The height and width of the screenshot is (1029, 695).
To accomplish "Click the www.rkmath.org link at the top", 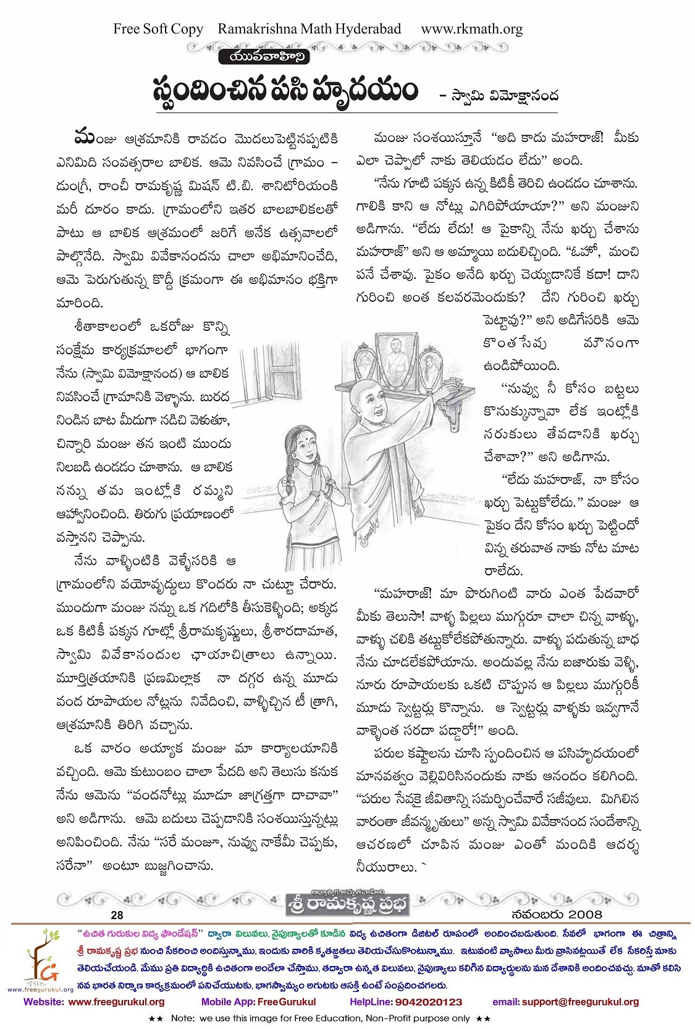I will pyautogui.click(x=471, y=29).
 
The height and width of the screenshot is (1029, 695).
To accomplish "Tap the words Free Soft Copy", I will pyautogui.click(x=158, y=29).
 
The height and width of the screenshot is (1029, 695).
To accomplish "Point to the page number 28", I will pyautogui.click(x=117, y=915).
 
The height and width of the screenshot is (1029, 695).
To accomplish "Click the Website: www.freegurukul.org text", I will pyautogui.click(x=94, y=1002).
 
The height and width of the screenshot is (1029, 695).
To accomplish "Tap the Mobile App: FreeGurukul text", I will pyautogui.click(x=259, y=1002).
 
